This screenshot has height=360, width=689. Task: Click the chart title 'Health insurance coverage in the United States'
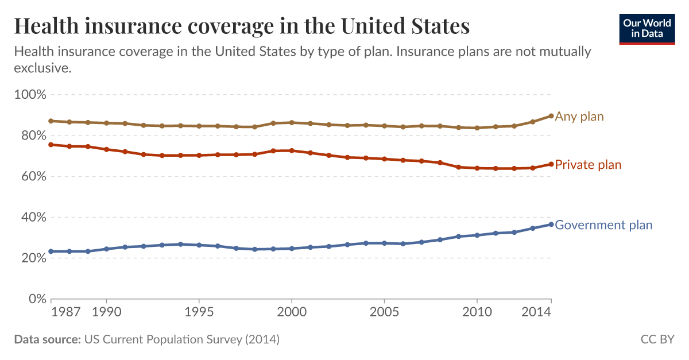pyautogui.click(x=242, y=26)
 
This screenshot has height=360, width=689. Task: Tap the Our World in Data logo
pyautogui.click(x=647, y=28)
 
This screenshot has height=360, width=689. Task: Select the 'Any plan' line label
pyautogui.click(x=579, y=117)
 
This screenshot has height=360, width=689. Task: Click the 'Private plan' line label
pyautogui.click(x=588, y=165)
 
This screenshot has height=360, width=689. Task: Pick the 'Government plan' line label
pyautogui.click(x=603, y=225)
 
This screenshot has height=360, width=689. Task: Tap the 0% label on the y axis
pyautogui.click(x=36, y=299)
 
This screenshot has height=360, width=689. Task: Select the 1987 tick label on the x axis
pyautogui.click(x=65, y=312)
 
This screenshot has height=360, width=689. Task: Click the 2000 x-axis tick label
pyautogui.click(x=292, y=312)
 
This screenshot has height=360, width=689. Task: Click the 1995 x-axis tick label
pyautogui.click(x=199, y=312)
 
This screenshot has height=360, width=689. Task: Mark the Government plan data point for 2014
pyautogui.click(x=551, y=224)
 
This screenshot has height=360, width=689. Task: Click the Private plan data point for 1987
pyautogui.click(x=51, y=145)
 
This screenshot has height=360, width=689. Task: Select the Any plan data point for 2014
pyautogui.click(x=551, y=116)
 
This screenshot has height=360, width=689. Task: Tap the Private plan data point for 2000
pyautogui.click(x=292, y=150)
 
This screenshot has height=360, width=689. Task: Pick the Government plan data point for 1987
pyautogui.click(x=51, y=251)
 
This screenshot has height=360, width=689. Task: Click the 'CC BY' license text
pyautogui.click(x=657, y=339)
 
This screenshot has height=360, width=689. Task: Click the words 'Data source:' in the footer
pyautogui.click(x=47, y=339)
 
